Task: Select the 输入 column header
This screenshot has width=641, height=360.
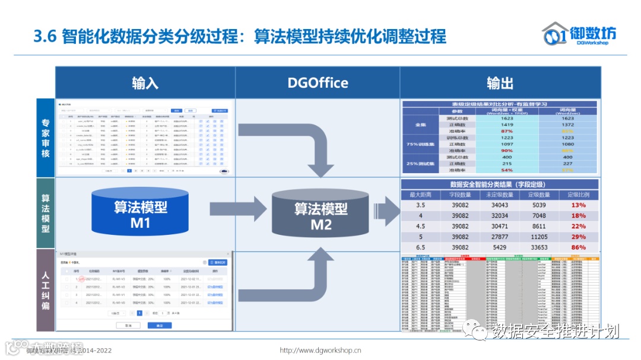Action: pos(145,82)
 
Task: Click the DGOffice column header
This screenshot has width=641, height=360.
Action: pos(318,82)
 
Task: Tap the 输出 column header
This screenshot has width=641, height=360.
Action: pos(500,82)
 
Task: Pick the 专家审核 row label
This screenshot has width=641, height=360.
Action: pos(46,137)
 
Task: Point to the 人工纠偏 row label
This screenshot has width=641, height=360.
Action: pos(46,290)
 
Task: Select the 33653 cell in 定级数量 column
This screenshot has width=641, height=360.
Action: pos(539,247)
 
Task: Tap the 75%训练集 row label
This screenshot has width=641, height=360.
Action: pos(420,144)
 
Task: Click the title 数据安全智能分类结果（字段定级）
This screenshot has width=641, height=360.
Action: pos(500,184)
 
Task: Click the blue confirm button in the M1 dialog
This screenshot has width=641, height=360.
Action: pos(159,326)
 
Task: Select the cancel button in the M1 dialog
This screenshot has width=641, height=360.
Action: pos(128,326)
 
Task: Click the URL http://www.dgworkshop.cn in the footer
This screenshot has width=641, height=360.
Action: pos(320,350)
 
